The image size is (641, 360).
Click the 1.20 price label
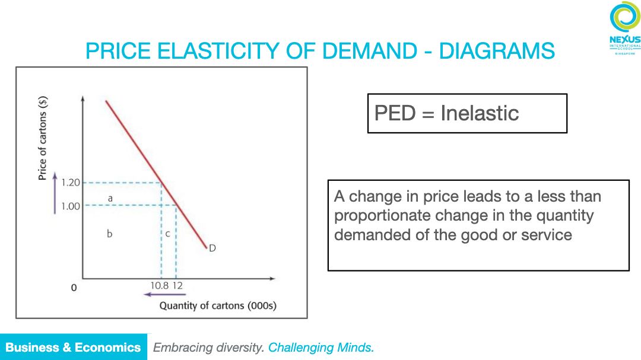tap(71, 183)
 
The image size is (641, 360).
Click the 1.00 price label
tap(71, 206)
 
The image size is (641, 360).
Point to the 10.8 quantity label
tap(158, 285)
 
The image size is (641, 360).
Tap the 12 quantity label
tap(177, 285)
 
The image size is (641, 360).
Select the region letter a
tap(110, 196)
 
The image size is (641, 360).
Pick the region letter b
tap(110, 234)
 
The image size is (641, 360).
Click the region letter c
tap(167, 234)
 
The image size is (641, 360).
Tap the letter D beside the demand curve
tap(211, 248)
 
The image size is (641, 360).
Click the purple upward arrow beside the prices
tap(55, 193)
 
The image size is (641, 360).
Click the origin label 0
tap(74, 288)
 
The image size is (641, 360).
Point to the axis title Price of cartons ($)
tap(43, 138)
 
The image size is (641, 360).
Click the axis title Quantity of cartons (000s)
tap(217, 306)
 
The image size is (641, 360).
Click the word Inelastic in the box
tap(480, 113)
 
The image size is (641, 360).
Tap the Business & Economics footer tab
tap(73, 348)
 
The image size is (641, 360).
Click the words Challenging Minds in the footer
tap(321, 348)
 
